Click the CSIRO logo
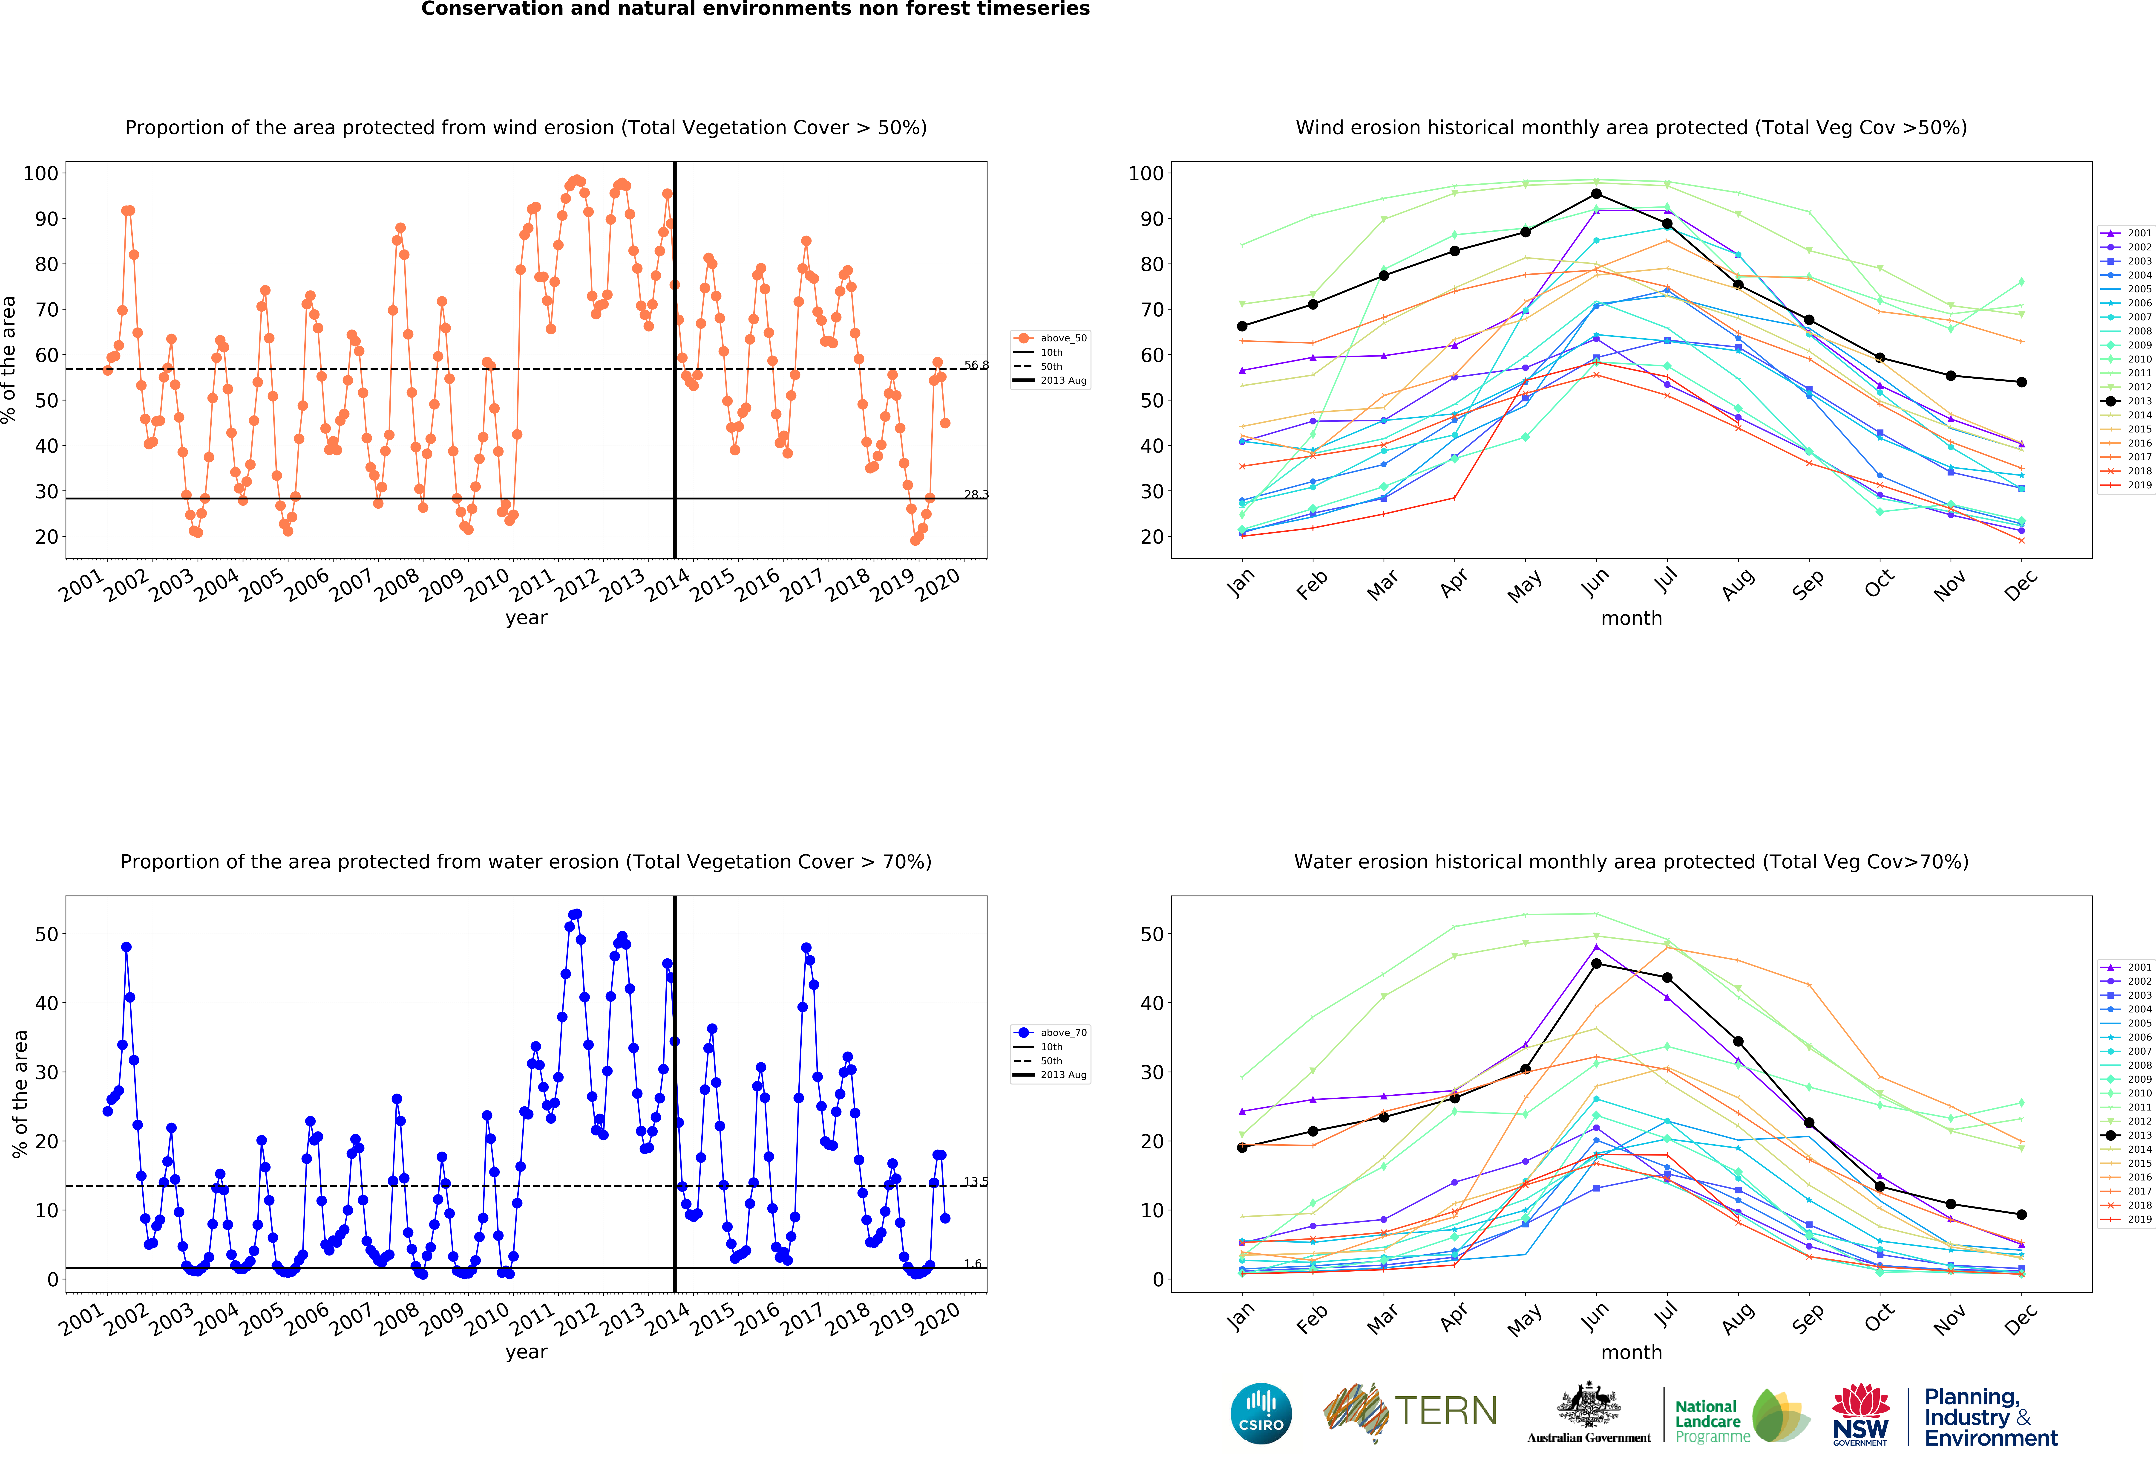(x=1261, y=1413)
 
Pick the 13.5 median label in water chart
(x=976, y=1181)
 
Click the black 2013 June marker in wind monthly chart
(x=1596, y=194)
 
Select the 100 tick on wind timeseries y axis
(x=41, y=174)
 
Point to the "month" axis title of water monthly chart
(x=1631, y=1352)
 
